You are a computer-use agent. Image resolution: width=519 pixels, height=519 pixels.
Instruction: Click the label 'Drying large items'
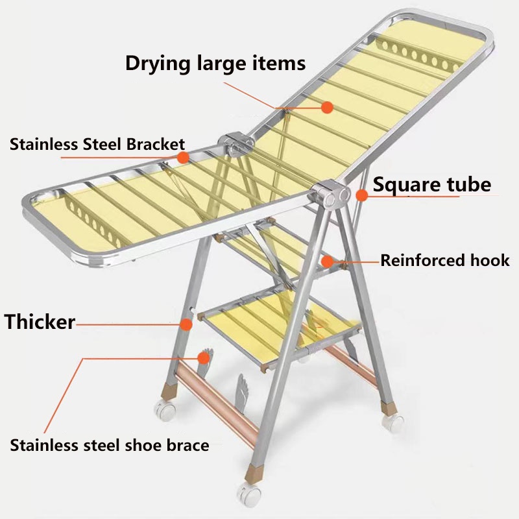215,64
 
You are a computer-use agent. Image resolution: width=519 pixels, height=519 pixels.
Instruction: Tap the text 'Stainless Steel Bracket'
97,144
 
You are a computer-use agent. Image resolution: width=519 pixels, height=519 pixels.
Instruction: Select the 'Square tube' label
432,185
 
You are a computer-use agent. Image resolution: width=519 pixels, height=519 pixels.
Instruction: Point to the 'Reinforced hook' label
445,261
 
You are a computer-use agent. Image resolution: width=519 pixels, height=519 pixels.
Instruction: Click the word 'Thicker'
40,321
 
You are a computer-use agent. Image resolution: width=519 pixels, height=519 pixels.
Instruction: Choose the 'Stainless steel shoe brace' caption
110,445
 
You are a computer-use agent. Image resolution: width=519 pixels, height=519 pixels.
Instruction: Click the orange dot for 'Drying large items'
328,107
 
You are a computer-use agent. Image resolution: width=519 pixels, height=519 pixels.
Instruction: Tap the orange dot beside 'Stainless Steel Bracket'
184,157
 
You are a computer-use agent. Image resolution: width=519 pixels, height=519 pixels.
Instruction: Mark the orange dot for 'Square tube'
361,194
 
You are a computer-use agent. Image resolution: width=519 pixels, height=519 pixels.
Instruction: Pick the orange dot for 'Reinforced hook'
328,261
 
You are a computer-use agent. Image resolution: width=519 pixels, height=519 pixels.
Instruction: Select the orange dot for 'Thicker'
187,322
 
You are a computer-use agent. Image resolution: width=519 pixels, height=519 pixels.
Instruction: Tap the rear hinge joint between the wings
234,144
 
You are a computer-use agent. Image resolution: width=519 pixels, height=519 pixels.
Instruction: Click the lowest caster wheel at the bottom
249,494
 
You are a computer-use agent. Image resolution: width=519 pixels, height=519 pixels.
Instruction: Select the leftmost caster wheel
162,410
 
